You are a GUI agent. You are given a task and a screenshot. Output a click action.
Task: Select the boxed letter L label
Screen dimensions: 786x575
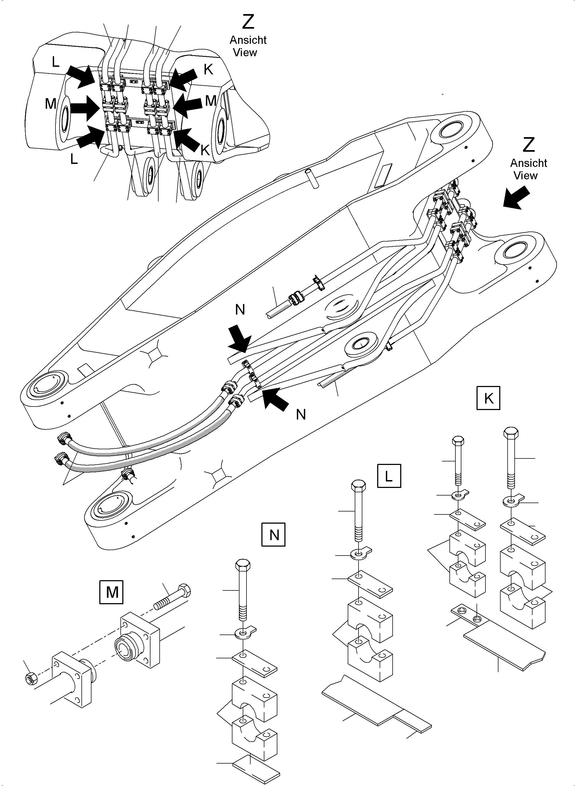point(389,476)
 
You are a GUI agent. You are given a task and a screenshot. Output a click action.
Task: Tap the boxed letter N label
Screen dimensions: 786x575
point(274,534)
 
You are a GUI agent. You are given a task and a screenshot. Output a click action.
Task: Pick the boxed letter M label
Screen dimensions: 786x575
point(112,592)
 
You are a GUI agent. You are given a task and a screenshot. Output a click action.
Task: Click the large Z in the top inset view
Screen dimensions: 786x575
point(248,22)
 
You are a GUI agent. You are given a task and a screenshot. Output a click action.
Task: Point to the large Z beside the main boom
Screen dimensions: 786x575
point(528,145)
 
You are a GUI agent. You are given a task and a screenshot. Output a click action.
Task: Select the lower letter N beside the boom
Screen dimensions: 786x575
point(301,414)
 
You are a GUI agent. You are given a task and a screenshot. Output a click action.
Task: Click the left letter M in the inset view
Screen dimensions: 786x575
point(51,103)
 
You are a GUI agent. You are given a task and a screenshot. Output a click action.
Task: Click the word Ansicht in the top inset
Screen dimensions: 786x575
point(248,40)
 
